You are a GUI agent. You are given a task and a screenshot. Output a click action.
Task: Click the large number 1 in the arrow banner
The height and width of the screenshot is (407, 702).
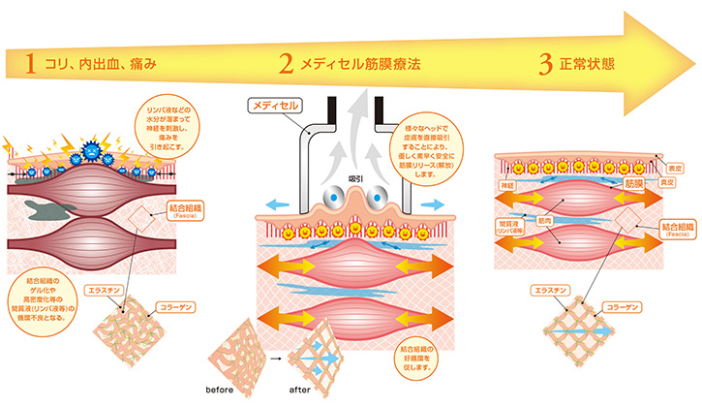31,64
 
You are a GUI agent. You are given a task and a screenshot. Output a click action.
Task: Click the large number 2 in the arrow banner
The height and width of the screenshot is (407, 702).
286,64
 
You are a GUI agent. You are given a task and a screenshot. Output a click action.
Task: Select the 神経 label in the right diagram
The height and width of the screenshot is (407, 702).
505,183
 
